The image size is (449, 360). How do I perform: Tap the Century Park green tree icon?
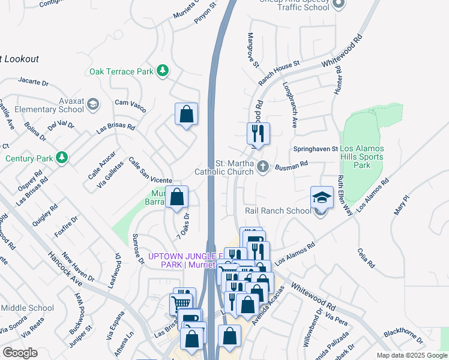tap(61, 158)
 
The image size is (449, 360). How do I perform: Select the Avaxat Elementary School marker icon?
tap(92, 105)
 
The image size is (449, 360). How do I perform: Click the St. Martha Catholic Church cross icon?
tap(262, 166)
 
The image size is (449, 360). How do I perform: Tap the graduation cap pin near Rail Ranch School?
tap(322, 197)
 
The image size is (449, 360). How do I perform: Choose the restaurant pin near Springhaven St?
tap(259, 133)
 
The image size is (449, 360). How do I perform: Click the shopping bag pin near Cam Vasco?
tap(187, 114)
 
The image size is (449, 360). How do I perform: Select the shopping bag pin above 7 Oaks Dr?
tap(177, 197)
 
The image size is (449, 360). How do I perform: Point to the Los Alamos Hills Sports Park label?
tap(363, 157)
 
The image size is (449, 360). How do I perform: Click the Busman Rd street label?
tap(291, 163)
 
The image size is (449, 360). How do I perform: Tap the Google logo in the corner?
tap(20, 352)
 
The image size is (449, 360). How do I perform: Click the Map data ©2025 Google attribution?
tap(411, 355)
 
